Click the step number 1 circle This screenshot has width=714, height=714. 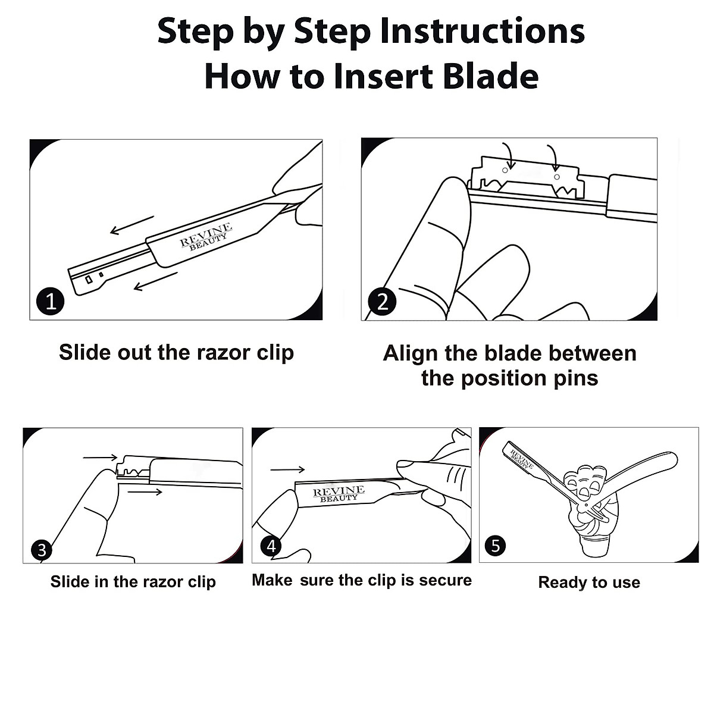point(51,301)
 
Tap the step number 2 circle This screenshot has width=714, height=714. point(383,302)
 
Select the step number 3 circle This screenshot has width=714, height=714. point(42,550)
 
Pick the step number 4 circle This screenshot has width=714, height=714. point(271,546)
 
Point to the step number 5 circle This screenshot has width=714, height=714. point(496,545)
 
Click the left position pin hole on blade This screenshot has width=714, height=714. point(505,170)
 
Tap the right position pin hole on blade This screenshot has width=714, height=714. point(556,177)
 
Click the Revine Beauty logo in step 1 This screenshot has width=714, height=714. point(206,236)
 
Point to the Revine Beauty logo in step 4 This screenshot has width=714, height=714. point(339,494)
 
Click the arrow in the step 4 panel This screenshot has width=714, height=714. point(287,470)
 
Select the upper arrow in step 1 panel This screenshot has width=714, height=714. point(132,225)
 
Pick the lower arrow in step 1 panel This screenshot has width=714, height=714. point(156,281)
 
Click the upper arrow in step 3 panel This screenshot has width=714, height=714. point(100,458)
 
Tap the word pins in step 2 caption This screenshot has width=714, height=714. point(576,378)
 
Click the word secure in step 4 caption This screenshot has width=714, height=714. point(446,581)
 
